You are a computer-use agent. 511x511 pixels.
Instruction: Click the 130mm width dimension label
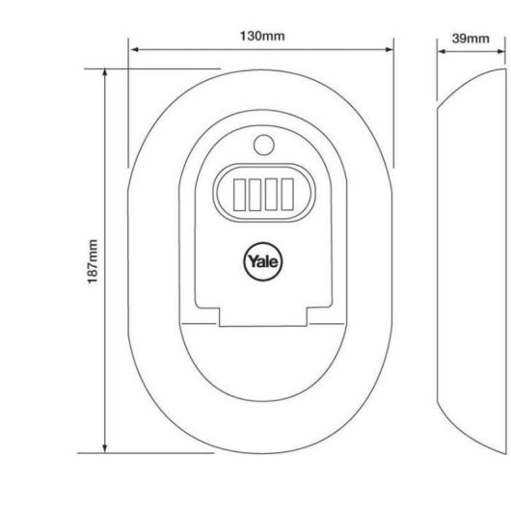coord(262,36)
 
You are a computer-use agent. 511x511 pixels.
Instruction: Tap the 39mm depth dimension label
coord(471,39)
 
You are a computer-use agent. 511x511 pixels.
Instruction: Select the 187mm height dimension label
coord(93,261)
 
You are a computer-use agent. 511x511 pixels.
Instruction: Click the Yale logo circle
coord(263,261)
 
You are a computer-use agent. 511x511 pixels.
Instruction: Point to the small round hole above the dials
coord(263,145)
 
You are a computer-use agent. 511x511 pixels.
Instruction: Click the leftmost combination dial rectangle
coord(239,195)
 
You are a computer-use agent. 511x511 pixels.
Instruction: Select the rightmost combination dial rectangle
coord(287,194)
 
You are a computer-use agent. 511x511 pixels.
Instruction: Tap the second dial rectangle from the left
coord(255,195)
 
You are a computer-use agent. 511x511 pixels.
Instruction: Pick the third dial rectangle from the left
coord(271,194)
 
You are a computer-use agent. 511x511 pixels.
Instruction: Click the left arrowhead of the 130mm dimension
coord(134,49)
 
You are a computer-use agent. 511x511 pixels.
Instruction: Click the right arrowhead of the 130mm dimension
coord(390,49)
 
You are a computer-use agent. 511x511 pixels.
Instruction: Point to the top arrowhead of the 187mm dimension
coord(105,73)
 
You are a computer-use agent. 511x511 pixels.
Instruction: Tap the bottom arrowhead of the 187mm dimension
coord(105,448)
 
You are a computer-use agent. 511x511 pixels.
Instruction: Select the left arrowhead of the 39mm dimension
coord(442,51)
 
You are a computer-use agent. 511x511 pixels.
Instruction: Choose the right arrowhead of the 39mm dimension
coord(501,51)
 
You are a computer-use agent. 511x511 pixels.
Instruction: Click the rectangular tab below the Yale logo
coord(263,316)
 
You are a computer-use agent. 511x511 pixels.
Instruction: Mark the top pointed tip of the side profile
coord(506,69)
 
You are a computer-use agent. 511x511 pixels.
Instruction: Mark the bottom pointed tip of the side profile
coord(506,453)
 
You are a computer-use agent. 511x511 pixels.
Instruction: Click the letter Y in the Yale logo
coord(253,260)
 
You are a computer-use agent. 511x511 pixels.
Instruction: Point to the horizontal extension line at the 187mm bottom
coord(146,452)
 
